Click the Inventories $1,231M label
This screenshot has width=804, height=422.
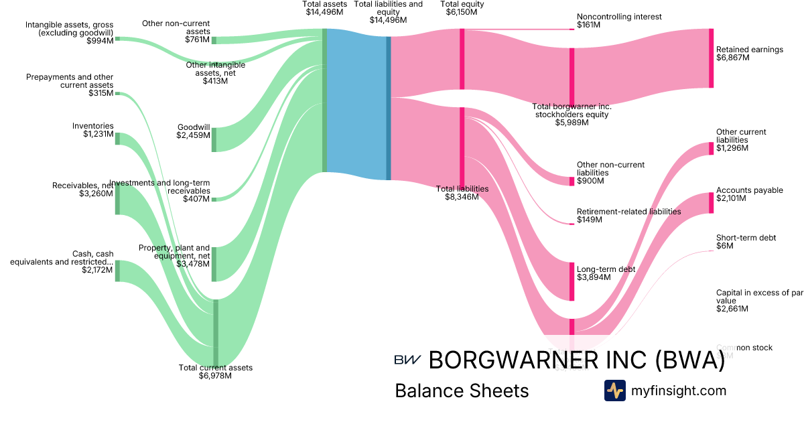[93, 130]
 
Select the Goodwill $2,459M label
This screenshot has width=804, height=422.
[193, 131]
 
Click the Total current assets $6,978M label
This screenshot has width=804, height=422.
[215, 372]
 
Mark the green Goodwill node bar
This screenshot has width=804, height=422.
[214, 139]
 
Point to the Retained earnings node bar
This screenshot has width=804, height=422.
[711, 58]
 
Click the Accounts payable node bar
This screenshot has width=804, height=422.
[711, 203]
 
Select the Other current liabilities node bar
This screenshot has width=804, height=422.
[711, 148]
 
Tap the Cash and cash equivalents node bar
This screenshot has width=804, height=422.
[117, 271]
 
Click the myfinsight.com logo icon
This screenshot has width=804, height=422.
[614, 390]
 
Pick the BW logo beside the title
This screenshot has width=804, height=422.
[407, 360]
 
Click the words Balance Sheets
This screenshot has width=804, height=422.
[462, 391]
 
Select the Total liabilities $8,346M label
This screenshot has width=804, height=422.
[462, 193]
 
